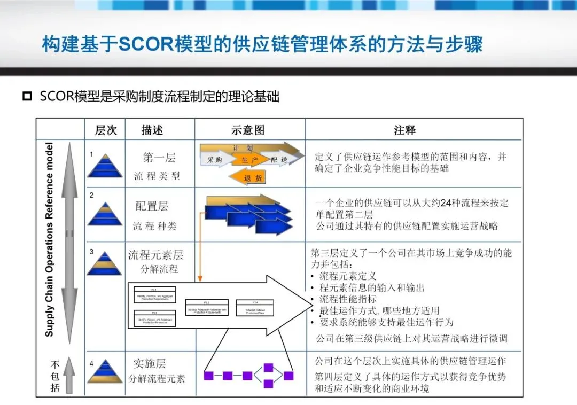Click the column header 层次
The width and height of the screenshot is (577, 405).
click(x=106, y=130)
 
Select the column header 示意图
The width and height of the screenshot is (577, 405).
click(x=248, y=130)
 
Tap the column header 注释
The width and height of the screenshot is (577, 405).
click(x=404, y=130)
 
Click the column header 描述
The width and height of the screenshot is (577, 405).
click(x=152, y=130)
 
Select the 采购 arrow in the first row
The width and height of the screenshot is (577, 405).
click(x=215, y=159)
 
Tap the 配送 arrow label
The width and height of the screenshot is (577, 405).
click(x=279, y=159)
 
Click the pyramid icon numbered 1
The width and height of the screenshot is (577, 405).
click(x=105, y=166)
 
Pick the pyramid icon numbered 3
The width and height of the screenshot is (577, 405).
click(x=105, y=263)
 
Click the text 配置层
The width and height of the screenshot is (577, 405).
click(x=152, y=206)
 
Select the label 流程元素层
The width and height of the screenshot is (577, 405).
click(x=155, y=254)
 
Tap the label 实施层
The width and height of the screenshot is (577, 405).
click(x=150, y=364)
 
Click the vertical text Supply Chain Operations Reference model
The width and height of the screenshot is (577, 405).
click(x=50, y=239)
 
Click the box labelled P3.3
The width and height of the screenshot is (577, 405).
click(x=207, y=308)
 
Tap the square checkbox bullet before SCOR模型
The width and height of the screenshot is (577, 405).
click(x=26, y=97)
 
